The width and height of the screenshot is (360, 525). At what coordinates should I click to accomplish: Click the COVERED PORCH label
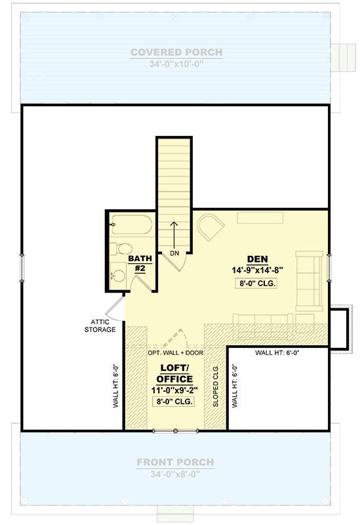click(x=176, y=52)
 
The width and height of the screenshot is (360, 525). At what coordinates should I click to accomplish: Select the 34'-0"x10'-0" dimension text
click(x=176, y=64)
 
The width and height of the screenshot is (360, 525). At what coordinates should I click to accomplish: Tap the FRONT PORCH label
click(x=176, y=462)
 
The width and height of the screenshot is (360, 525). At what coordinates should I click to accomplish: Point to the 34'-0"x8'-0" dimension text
click(x=176, y=473)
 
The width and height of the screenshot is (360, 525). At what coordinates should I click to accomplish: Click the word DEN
click(x=256, y=258)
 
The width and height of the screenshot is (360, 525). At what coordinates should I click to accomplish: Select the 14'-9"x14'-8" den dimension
click(x=256, y=270)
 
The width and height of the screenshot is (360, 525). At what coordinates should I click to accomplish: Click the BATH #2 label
click(x=140, y=264)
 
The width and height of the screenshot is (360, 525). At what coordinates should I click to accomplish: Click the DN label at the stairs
click(x=174, y=253)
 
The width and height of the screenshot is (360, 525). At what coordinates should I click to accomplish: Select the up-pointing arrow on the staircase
click(x=174, y=233)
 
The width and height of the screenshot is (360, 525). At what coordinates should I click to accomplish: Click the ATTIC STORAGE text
click(x=100, y=325)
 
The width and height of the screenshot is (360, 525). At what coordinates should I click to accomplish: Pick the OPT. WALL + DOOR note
click(x=175, y=352)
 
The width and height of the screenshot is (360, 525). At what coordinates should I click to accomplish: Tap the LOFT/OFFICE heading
click(x=175, y=373)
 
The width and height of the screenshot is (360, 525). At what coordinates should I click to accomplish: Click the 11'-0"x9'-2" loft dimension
click(x=175, y=390)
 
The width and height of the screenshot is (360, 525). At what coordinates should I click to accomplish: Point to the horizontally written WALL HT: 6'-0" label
click(x=277, y=353)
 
